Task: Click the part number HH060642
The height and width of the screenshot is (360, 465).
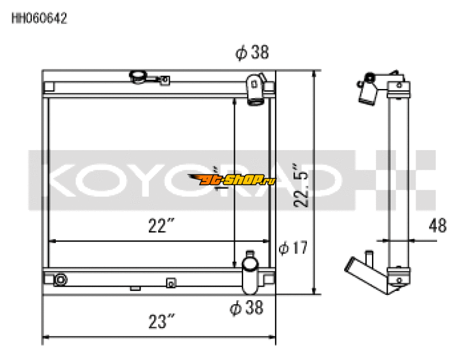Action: click(39, 19)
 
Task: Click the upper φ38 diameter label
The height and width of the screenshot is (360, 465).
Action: click(252, 54)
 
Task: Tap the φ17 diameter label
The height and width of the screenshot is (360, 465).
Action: click(292, 248)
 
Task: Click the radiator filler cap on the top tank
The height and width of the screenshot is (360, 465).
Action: click(139, 76)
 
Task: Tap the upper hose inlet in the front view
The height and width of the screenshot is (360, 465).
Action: click(255, 90)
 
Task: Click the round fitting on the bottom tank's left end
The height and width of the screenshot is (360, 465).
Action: click(60, 281)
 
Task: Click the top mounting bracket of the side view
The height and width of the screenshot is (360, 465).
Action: click(398, 87)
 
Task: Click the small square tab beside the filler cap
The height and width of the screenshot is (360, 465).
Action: click(165, 80)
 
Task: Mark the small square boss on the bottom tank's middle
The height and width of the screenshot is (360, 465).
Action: click(170, 283)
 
